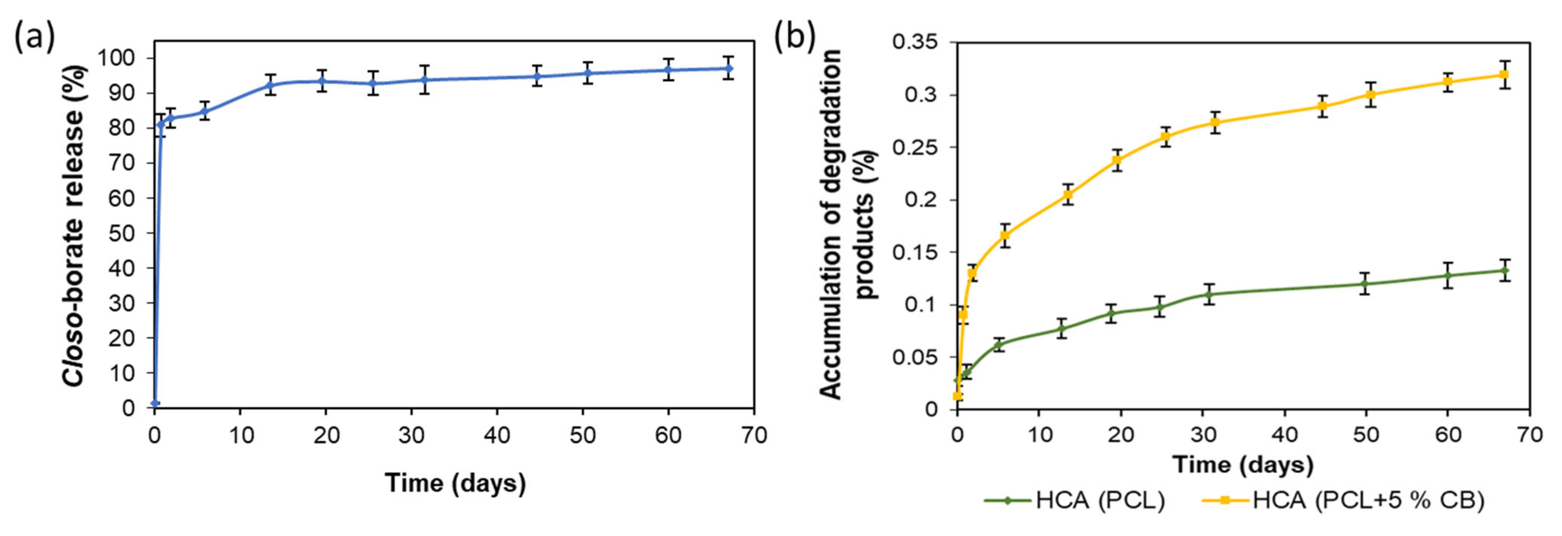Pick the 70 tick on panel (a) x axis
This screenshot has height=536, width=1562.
pos(754,435)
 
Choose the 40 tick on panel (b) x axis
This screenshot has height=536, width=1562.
pos(1285,435)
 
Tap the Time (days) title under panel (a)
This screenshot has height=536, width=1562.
pos(455,483)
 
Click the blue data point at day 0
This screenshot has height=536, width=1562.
pos(155,403)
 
